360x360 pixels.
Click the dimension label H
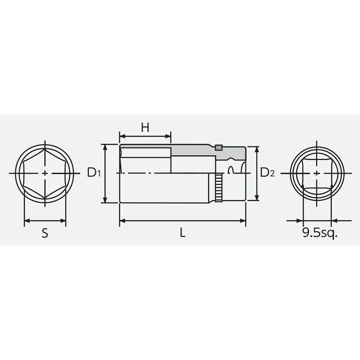pos(145,127)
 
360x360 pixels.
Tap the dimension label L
pos(183,233)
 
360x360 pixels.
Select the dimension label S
pos(45,233)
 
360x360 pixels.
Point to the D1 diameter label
pos(94,172)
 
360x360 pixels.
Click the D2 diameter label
pos(267,172)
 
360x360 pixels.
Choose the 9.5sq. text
pos(320,233)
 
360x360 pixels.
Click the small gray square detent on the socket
pos(219,148)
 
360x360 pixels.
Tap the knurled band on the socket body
pos(219,188)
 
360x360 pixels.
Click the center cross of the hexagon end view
pos(45,174)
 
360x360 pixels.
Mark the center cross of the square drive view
pos(317,174)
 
